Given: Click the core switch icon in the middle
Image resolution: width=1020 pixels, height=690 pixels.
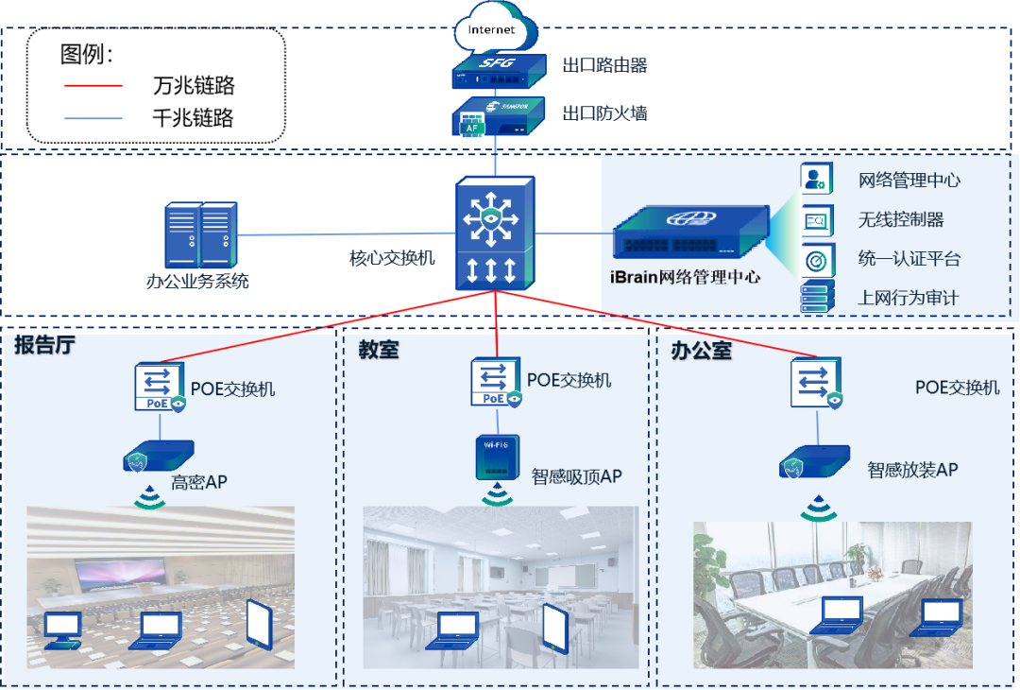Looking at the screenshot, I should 495,233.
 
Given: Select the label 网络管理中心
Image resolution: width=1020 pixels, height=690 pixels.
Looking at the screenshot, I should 909,180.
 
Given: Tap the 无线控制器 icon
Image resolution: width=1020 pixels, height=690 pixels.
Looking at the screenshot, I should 816,219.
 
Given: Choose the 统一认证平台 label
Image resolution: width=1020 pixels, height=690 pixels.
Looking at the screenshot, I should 909,258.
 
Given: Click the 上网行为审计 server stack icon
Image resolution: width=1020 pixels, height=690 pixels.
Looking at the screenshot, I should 816,297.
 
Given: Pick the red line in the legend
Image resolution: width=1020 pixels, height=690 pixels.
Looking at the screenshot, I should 93,85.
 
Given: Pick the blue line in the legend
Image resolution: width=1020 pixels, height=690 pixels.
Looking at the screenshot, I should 93,118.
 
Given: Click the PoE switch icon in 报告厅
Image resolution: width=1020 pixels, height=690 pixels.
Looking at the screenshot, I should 160,387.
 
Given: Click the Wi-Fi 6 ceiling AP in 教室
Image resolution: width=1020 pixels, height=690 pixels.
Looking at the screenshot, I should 497,456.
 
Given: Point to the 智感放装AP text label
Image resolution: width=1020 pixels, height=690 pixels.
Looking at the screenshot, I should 912,469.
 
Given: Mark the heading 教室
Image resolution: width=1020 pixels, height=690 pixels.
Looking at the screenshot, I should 378,350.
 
